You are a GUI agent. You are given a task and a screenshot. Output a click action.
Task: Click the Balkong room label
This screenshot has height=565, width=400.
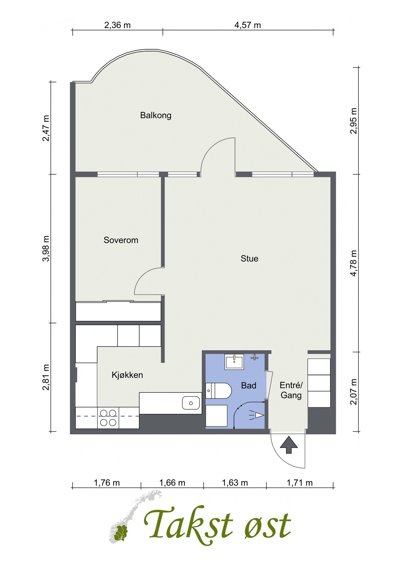click(156, 116)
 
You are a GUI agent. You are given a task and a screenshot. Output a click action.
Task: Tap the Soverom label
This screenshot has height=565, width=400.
click(121, 240)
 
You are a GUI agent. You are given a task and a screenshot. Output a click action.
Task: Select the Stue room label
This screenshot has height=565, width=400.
click(249, 259)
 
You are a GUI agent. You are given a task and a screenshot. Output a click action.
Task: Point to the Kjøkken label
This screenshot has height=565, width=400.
click(127, 375)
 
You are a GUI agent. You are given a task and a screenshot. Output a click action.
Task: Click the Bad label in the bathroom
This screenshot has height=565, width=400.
click(249, 385)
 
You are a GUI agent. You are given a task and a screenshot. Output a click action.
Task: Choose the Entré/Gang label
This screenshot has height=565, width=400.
click(291, 390)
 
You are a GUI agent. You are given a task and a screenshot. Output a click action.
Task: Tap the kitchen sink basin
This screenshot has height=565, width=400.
click(191, 403)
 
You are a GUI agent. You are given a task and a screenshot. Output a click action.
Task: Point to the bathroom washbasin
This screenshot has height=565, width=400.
click(234, 362)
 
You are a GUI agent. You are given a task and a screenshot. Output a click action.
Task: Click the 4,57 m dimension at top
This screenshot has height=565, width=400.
click(248, 25)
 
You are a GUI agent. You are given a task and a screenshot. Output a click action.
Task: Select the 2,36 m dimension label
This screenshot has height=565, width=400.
click(118, 25)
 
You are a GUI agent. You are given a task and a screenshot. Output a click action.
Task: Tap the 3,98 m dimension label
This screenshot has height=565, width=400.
click(46, 248)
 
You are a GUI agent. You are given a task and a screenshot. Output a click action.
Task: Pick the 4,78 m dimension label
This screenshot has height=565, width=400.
click(353, 263)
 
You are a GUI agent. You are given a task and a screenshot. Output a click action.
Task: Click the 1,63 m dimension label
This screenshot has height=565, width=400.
click(235, 482)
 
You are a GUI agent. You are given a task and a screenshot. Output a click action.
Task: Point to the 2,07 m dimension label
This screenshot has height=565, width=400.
click(353, 391)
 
